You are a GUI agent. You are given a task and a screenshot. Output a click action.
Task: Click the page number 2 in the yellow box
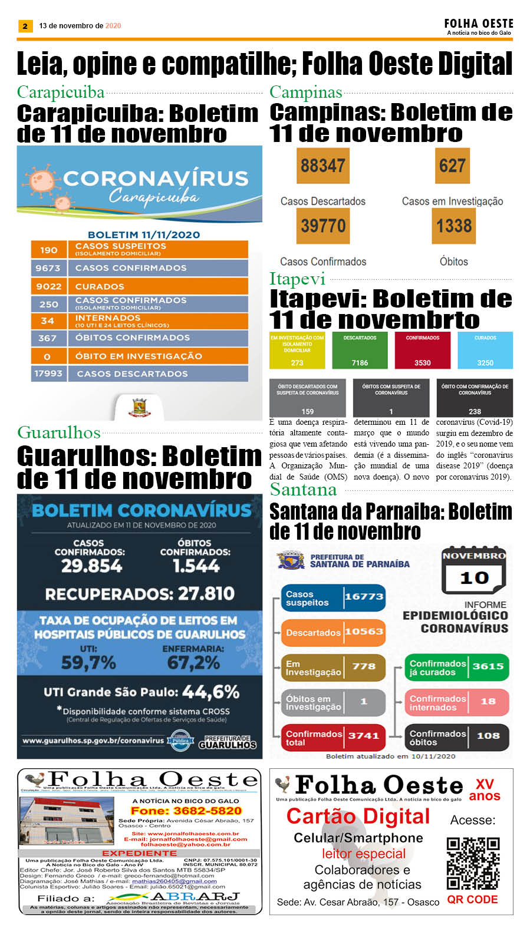coord(25,26)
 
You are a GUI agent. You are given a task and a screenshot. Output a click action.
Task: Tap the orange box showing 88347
coord(323,166)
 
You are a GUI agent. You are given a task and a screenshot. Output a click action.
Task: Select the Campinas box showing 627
coord(452,166)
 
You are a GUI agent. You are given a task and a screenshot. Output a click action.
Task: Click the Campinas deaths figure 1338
coord(453,226)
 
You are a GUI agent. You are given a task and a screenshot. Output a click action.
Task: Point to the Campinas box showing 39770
coord(323,226)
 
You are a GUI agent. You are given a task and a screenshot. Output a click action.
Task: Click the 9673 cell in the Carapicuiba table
coord(48,268)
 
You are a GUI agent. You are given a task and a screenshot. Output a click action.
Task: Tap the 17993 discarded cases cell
coord(48,374)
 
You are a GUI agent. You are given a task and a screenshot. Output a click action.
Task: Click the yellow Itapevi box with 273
coord(297,351)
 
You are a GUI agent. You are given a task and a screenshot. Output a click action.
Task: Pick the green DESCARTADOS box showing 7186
coord(360,351)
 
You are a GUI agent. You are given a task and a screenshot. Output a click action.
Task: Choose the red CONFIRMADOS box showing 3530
coord(422,351)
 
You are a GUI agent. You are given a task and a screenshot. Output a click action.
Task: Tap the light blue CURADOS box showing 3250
coord(485,351)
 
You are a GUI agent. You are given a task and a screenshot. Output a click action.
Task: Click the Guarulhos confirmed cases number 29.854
coord(92,566)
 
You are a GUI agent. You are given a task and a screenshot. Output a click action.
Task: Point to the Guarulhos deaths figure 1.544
coord(196,566)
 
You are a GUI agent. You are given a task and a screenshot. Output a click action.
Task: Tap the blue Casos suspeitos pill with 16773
coord(333,598)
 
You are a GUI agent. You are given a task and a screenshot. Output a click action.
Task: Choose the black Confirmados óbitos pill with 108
coord(456,737)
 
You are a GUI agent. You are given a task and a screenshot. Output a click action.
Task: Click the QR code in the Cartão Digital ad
coord(473,863)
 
